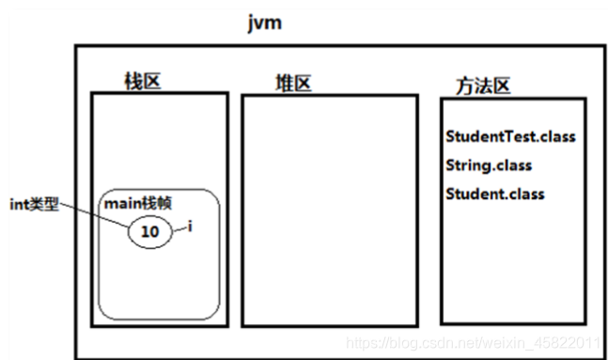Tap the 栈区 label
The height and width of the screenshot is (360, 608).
click(143, 81)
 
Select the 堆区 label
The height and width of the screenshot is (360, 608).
click(292, 84)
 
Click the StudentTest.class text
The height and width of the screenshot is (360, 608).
click(509, 137)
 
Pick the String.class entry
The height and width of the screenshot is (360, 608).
click(489, 165)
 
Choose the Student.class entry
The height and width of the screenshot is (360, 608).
click(494, 195)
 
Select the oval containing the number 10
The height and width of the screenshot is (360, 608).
click(149, 231)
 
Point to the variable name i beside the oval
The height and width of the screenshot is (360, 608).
click(191, 227)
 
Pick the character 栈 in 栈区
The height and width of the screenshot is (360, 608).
click(133, 81)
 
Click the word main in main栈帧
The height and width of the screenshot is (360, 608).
click(120, 204)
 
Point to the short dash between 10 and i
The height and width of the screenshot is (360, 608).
click(180, 228)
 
